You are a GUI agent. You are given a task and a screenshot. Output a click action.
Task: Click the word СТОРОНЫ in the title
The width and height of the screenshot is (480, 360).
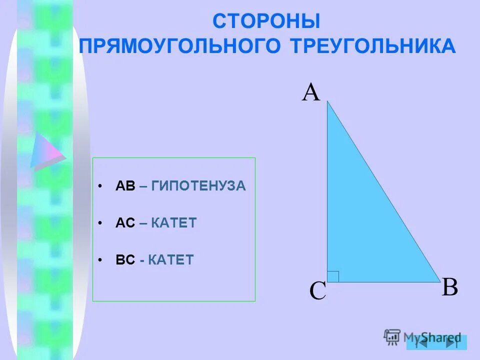(x=266, y=21)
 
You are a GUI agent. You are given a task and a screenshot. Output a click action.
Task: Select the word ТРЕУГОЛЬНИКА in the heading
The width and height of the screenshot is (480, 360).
(x=372, y=46)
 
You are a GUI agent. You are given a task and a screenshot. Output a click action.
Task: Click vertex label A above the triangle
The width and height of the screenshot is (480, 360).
(x=310, y=93)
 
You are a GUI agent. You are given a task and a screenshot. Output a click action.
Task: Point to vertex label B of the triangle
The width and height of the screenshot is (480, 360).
(x=450, y=288)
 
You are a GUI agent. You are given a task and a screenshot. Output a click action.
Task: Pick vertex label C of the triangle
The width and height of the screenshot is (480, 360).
(x=317, y=291)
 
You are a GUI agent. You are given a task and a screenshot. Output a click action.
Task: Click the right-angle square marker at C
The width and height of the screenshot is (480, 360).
(x=333, y=276)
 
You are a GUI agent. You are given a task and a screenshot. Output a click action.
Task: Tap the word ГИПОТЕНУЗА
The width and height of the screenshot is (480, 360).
(x=198, y=186)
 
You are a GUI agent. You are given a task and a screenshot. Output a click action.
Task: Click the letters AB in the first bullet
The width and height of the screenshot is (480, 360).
(x=125, y=186)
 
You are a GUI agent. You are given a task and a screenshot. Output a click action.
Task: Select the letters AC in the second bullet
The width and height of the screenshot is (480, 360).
(x=125, y=223)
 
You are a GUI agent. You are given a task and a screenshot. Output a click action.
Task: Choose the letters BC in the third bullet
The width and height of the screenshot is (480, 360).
(x=125, y=260)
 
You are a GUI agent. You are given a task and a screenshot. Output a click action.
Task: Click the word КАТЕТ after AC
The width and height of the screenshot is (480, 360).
(x=174, y=223)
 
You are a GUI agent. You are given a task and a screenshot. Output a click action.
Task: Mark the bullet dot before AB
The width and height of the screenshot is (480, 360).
(x=100, y=186)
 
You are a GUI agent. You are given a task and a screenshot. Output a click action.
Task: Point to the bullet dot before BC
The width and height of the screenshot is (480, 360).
(x=100, y=260)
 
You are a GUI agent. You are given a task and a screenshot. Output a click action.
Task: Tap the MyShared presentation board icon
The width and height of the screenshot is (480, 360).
(x=392, y=336)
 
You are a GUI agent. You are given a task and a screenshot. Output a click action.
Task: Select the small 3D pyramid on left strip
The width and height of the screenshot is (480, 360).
(x=46, y=150)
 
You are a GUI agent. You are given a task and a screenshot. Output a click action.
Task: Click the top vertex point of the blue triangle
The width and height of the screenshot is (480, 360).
(x=327, y=101)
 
